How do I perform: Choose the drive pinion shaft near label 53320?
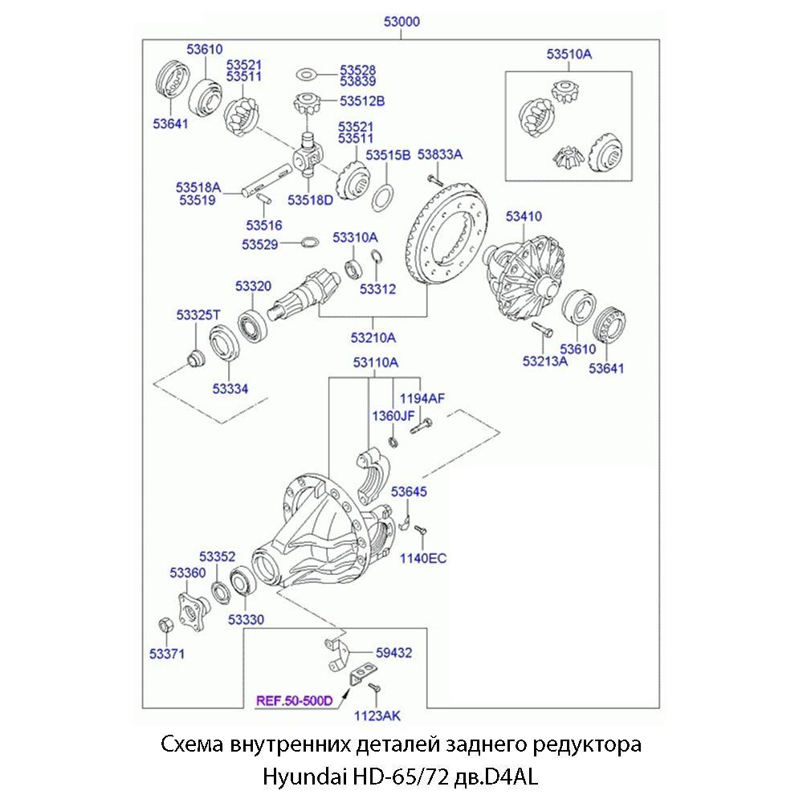click(x=305, y=294)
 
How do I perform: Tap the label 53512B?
click(x=362, y=101)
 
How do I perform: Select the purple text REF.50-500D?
click(x=294, y=701)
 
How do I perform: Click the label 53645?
click(x=409, y=491)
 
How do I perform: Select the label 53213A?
click(x=545, y=361)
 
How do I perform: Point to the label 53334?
click(x=230, y=389)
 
